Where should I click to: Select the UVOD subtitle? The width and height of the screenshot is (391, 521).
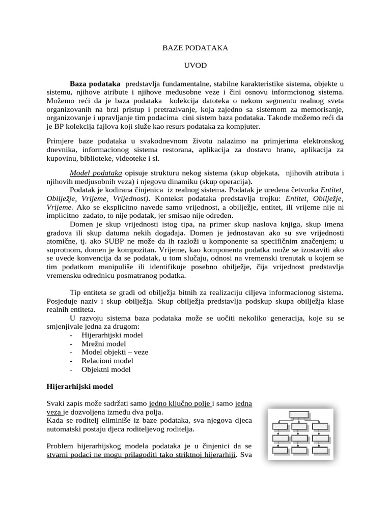(x=195, y=66)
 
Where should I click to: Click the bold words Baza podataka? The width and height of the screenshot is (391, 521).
(x=95, y=83)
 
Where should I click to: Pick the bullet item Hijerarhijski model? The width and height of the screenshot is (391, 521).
(x=112, y=335)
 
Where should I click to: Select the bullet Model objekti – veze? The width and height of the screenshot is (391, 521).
(x=115, y=353)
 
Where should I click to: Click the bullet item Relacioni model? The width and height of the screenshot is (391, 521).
(x=107, y=361)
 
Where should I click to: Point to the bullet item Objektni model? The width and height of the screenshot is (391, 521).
(x=106, y=370)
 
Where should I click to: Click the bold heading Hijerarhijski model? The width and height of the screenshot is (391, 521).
(x=79, y=387)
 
